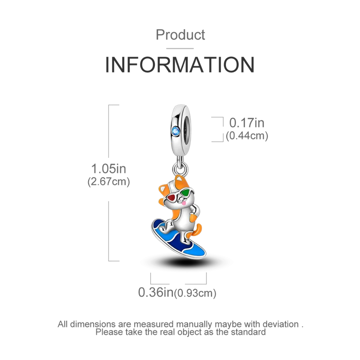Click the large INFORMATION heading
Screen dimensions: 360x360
tap(180, 66)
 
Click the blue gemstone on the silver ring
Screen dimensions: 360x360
tap(175, 131)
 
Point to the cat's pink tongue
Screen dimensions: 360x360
tap(184, 205)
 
